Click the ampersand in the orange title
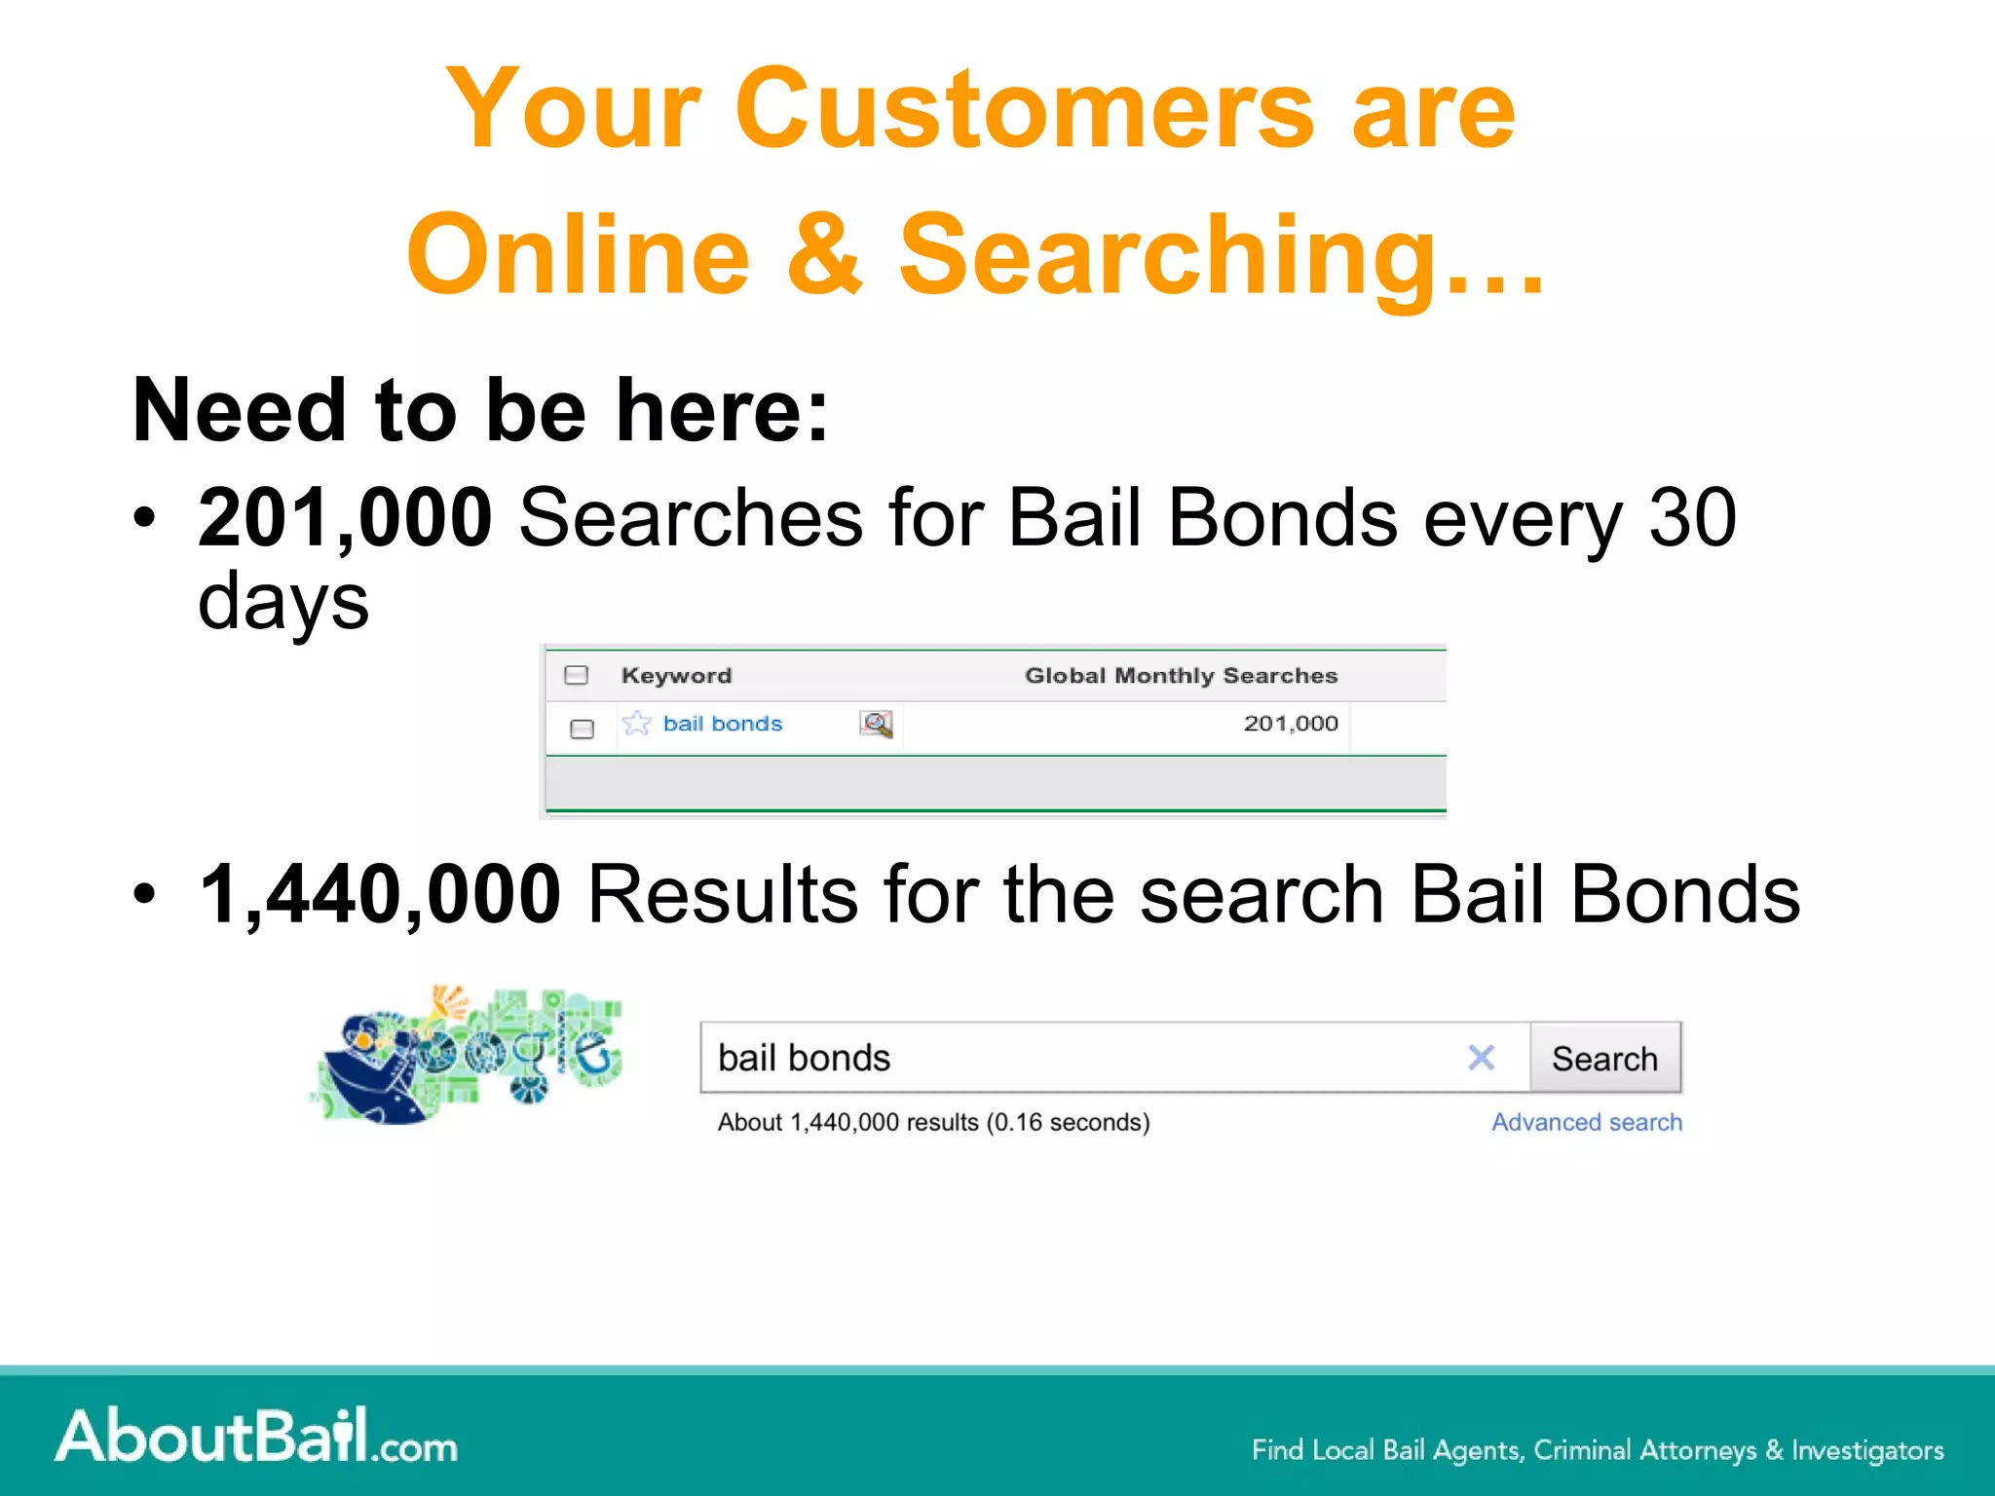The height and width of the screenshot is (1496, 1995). click(x=824, y=255)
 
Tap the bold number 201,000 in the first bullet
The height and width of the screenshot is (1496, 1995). click(x=345, y=517)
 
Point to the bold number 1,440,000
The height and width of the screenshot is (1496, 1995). click(x=380, y=894)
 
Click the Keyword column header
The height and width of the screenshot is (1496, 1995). click(x=676, y=675)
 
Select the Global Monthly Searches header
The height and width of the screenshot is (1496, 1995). click(x=1181, y=675)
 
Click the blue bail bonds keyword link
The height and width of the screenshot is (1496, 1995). click(x=723, y=724)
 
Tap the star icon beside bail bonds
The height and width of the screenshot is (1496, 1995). click(x=636, y=724)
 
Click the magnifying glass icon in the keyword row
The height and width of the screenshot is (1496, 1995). click(x=876, y=724)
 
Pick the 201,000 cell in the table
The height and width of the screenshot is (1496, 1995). click(x=1290, y=724)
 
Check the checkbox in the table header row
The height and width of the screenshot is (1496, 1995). click(x=577, y=675)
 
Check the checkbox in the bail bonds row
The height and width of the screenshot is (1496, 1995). click(x=582, y=729)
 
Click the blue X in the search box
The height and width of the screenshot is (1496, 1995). click(x=1481, y=1058)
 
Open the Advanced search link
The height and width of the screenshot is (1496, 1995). click(x=1587, y=1122)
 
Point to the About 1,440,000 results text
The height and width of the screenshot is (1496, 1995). click(x=933, y=1122)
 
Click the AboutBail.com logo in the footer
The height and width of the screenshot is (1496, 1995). click(x=256, y=1436)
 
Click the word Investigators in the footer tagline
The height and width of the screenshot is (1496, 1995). click(x=1867, y=1450)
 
